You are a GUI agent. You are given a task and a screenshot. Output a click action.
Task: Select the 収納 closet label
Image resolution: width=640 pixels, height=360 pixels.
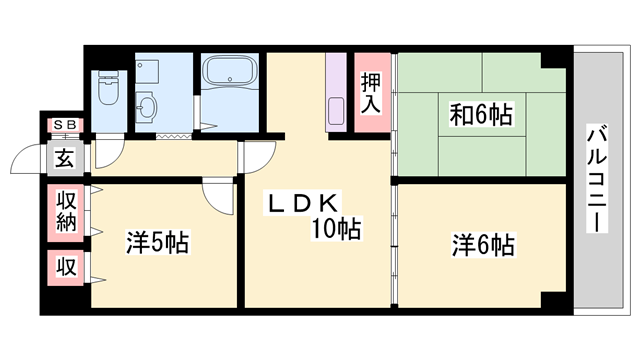click(67, 211)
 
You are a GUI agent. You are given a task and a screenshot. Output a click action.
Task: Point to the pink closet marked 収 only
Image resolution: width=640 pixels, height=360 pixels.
click(66, 268)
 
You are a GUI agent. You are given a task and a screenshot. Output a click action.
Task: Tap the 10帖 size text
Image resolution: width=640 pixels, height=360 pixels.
click(335, 229)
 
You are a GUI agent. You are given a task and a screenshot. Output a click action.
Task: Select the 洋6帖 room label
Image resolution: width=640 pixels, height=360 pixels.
click(483, 242)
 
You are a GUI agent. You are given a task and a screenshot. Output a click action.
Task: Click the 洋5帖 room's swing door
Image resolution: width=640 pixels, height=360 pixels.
click(215, 194)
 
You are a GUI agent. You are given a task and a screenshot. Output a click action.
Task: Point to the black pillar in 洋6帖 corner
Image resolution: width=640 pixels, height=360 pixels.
click(553, 297)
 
